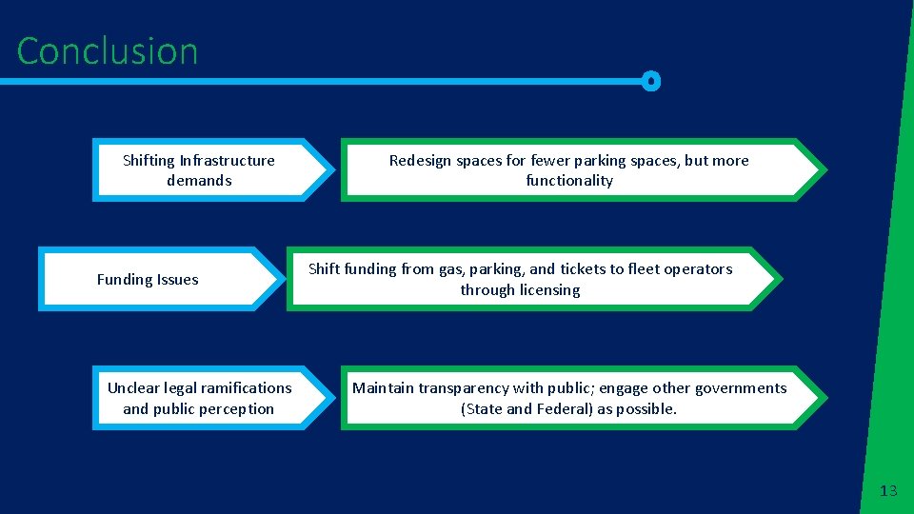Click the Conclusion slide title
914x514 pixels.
click(107, 51)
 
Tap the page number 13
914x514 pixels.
click(888, 491)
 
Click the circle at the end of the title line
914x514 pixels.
click(650, 82)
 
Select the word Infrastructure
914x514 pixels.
click(227, 160)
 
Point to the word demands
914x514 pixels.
click(199, 181)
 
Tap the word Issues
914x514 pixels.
click(178, 280)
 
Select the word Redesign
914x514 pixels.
click(420, 160)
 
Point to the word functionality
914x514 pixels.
click(569, 181)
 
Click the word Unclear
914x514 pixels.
click(133, 387)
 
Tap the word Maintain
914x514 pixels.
click(382, 387)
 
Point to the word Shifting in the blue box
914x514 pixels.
click(149, 160)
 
